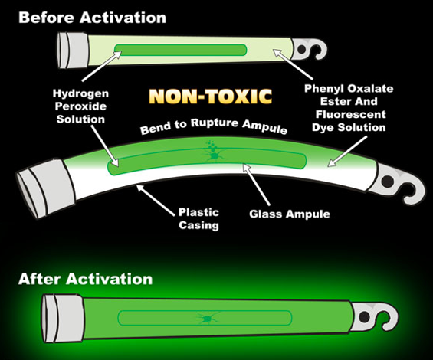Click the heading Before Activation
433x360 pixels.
tap(92, 18)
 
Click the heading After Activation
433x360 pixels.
tap(85, 279)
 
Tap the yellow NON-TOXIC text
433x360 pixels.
tap(211, 97)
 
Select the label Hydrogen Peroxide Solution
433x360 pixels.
tap(80, 106)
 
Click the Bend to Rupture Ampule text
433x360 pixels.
tap(214, 126)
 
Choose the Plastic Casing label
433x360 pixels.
tap(198, 218)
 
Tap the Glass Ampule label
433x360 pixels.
tap(290, 214)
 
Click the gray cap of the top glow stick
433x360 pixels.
tap(73, 51)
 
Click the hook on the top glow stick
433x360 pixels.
tap(310, 50)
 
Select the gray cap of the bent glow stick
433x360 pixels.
tap(45, 187)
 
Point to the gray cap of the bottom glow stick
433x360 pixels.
tap(63, 318)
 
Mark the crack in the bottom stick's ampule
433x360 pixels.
tap(207, 318)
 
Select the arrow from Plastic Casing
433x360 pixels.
tap(156, 200)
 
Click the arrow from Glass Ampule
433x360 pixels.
tap(257, 184)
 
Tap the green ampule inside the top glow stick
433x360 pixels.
tap(181, 50)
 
